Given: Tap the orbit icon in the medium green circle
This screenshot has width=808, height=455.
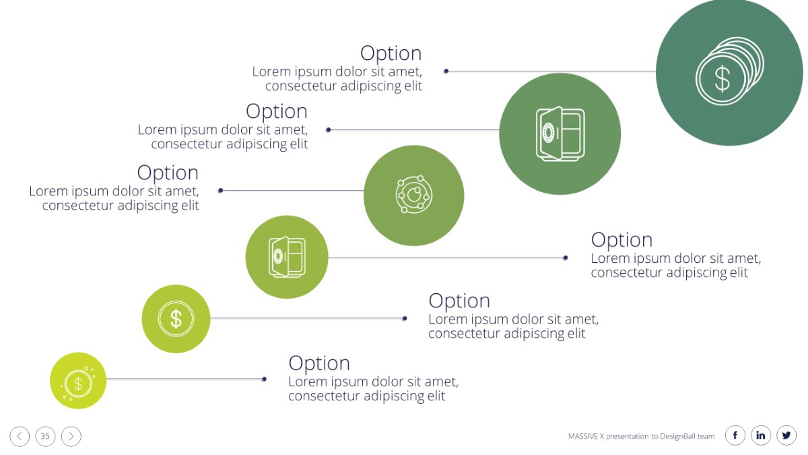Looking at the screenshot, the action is click(413, 195).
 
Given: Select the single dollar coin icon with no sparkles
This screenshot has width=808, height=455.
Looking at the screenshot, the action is click(176, 319).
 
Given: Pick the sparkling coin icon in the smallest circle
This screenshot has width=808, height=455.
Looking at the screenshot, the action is click(78, 384).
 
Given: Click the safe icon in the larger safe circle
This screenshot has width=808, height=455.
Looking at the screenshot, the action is click(560, 133).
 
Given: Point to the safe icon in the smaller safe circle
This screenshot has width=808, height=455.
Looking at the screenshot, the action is click(287, 257).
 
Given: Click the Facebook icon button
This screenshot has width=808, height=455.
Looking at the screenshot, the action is click(735, 435).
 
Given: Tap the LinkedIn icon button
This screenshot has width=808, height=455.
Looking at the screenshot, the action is click(761, 435).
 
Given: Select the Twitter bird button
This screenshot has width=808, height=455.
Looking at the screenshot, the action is click(786, 435).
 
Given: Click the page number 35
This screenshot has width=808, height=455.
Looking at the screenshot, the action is click(45, 436).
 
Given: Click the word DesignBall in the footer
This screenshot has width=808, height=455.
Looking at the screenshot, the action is click(678, 436).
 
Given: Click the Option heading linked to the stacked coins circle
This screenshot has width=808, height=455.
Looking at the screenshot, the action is click(391, 54).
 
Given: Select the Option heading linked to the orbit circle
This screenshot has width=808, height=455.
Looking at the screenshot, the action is click(168, 173).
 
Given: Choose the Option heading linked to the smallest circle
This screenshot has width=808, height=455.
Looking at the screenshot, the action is click(319, 363).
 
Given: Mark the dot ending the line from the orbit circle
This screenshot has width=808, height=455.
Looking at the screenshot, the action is click(220, 190).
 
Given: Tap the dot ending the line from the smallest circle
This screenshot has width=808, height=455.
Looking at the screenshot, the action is click(265, 379).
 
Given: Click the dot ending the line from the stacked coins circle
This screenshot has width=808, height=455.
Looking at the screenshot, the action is click(446, 71).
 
